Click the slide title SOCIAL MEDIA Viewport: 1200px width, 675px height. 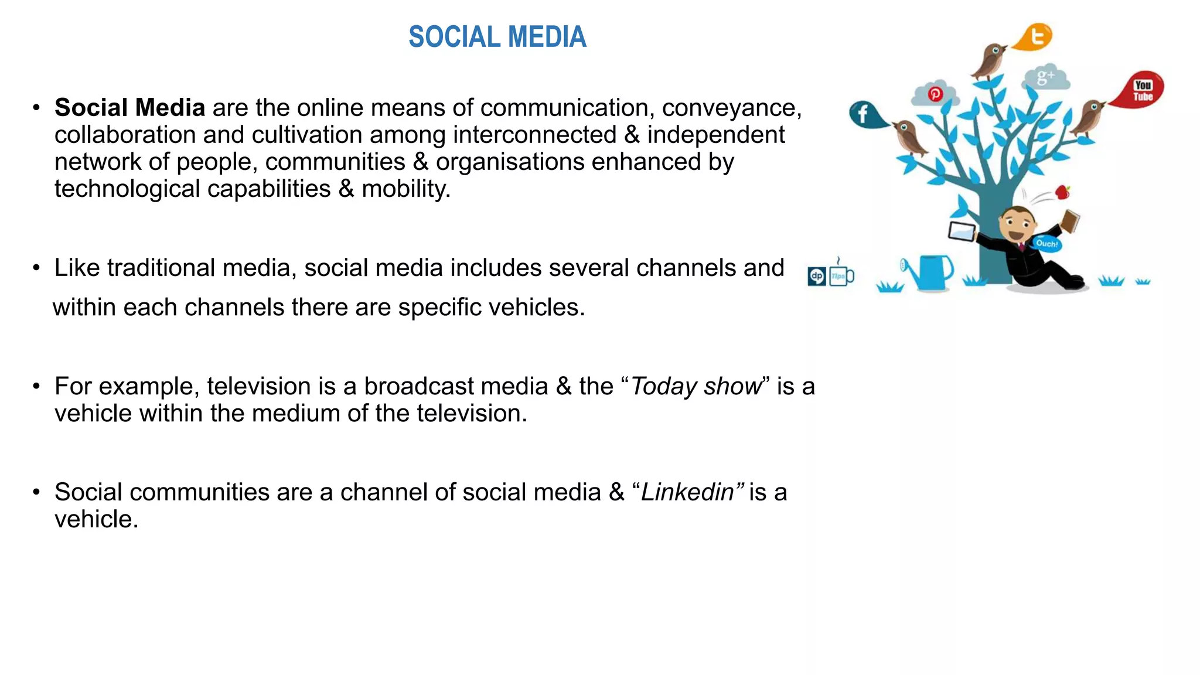click(497, 37)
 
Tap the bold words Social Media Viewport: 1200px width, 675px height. click(129, 108)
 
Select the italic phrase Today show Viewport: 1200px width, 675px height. click(696, 387)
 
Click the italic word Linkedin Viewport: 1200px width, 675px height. click(687, 492)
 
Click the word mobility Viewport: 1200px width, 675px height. click(405, 189)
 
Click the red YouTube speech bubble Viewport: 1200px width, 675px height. click(1140, 90)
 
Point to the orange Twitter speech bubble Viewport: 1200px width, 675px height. click(1035, 37)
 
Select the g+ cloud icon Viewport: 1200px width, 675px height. click(1046, 77)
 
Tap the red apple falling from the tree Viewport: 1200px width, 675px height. click(1062, 192)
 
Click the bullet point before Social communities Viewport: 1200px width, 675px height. click(36, 492)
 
